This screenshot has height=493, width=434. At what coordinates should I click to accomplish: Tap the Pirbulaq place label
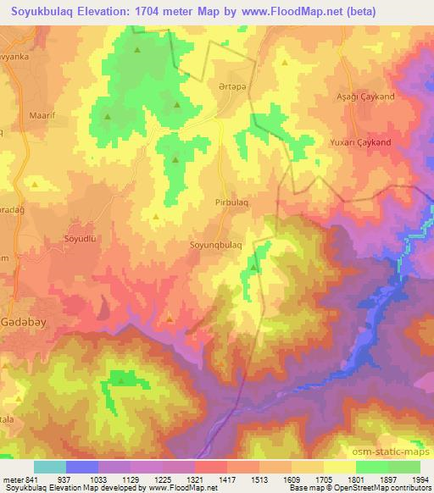(231, 203)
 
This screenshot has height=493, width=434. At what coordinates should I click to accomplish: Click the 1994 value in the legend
(419, 479)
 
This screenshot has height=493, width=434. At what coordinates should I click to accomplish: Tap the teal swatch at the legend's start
(50, 467)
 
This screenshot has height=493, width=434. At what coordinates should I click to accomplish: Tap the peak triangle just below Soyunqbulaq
(253, 269)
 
